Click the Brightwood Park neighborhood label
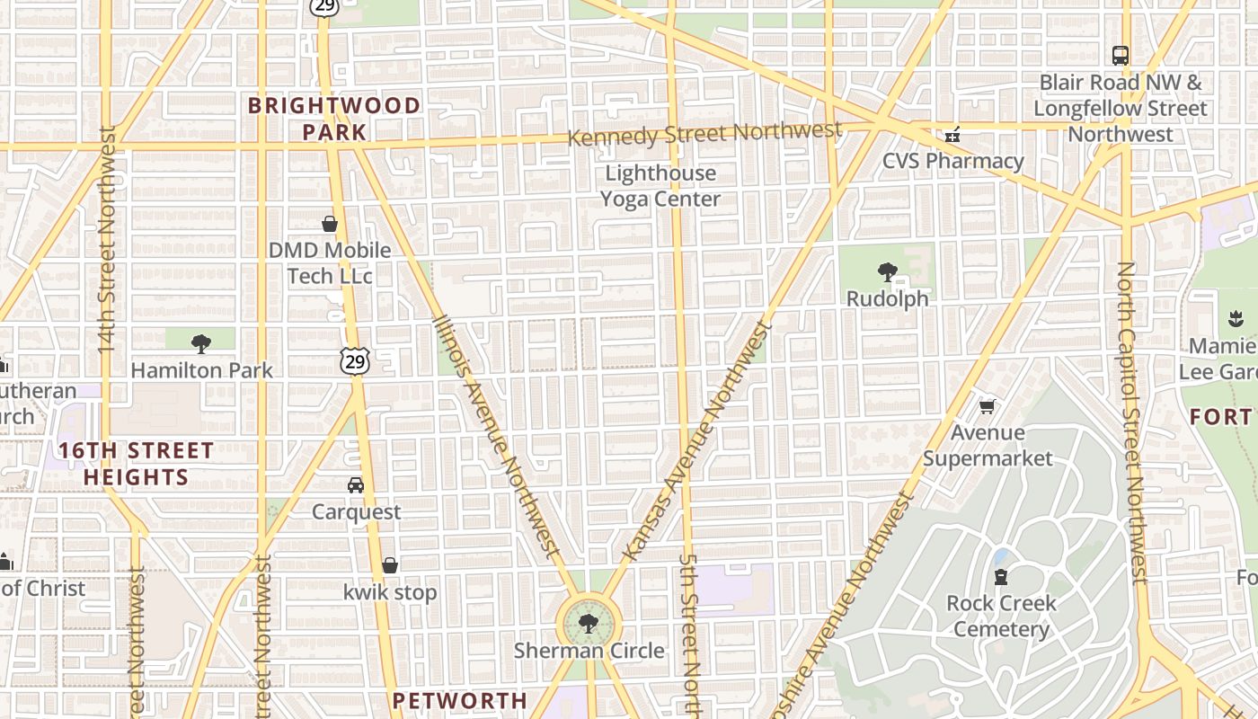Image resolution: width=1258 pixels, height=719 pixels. click(x=334, y=119)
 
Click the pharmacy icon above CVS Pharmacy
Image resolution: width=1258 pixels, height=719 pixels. click(x=952, y=136)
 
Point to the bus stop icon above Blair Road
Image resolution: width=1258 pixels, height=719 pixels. click(x=1121, y=55)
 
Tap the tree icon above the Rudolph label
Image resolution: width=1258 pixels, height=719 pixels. click(x=887, y=271)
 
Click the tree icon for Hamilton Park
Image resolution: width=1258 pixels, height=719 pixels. click(x=201, y=343)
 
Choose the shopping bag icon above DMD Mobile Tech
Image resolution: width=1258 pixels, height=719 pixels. click(x=330, y=224)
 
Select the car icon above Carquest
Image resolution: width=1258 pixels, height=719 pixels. click(x=356, y=485)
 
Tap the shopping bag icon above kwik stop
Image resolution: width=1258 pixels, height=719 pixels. click(x=390, y=565)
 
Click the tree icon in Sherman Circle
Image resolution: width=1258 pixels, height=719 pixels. click(x=589, y=623)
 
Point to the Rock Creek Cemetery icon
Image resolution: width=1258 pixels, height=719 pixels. click(x=1001, y=576)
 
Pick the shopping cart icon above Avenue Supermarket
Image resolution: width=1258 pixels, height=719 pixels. click(x=987, y=407)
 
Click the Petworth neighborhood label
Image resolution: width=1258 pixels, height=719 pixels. click(x=460, y=700)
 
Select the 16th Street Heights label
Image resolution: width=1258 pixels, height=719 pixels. click(x=137, y=463)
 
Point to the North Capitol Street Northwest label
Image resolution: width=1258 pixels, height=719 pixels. click(x=1132, y=422)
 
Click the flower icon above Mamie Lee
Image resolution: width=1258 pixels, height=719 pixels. click(x=1234, y=318)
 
